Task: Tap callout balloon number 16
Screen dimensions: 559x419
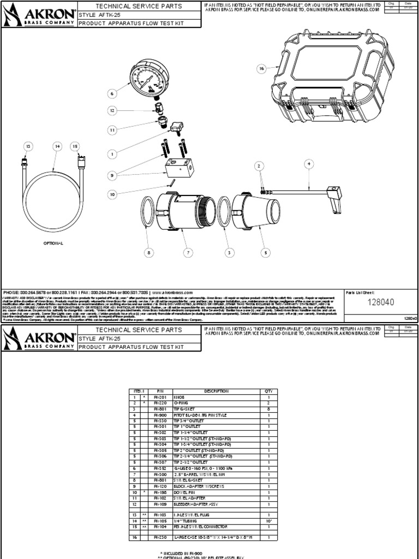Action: click(261, 69)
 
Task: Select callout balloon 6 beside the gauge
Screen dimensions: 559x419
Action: click(113, 94)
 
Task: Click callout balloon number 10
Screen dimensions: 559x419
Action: click(113, 194)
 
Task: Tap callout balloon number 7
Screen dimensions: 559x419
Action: click(189, 253)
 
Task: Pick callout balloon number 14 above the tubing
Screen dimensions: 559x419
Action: click(56, 146)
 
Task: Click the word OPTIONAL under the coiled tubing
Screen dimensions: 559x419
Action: click(54, 242)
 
